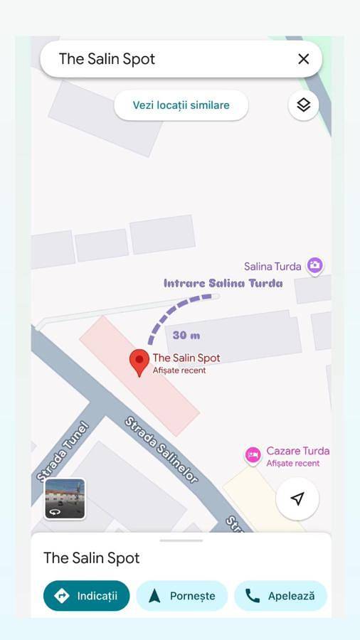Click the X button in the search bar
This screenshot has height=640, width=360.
coord(304,59)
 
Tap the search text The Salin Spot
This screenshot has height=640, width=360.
coord(107,59)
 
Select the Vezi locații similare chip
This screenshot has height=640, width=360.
coord(181,105)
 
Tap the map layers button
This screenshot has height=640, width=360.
coord(304,105)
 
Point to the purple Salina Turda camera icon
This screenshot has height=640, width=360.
coord(314,266)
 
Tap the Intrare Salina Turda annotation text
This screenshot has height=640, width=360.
coord(223,283)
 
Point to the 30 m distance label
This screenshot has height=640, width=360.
coord(186,335)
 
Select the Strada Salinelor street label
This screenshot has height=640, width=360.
coord(162,450)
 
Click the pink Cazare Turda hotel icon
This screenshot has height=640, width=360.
coord(253,454)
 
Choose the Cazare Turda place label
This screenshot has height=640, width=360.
coord(297,451)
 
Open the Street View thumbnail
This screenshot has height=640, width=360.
coord(65,498)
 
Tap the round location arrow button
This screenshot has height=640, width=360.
coord(297,498)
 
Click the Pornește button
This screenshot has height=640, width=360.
coord(181,596)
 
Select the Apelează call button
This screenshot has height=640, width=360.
coord(280,596)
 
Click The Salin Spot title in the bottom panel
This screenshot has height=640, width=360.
coord(92,558)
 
